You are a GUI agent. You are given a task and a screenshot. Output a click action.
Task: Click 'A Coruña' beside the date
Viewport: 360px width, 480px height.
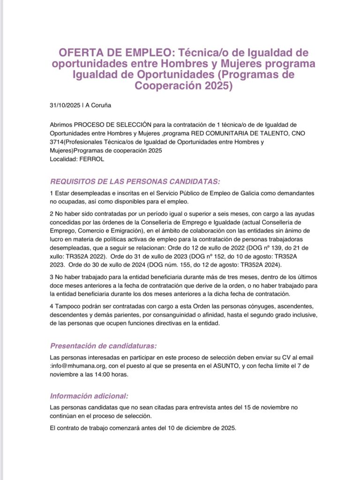[97, 105]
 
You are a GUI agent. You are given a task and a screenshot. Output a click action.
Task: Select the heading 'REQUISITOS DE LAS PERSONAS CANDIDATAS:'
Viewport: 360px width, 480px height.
[135, 181]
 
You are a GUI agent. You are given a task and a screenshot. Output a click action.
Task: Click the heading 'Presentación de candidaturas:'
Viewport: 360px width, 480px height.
[103, 346]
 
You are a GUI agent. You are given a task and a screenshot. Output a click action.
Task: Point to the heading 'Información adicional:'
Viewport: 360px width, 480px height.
[89, 396]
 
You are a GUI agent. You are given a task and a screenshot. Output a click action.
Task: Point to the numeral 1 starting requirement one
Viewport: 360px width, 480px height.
[51, 194]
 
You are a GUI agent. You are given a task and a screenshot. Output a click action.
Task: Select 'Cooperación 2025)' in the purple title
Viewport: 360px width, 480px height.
[184, 86]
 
